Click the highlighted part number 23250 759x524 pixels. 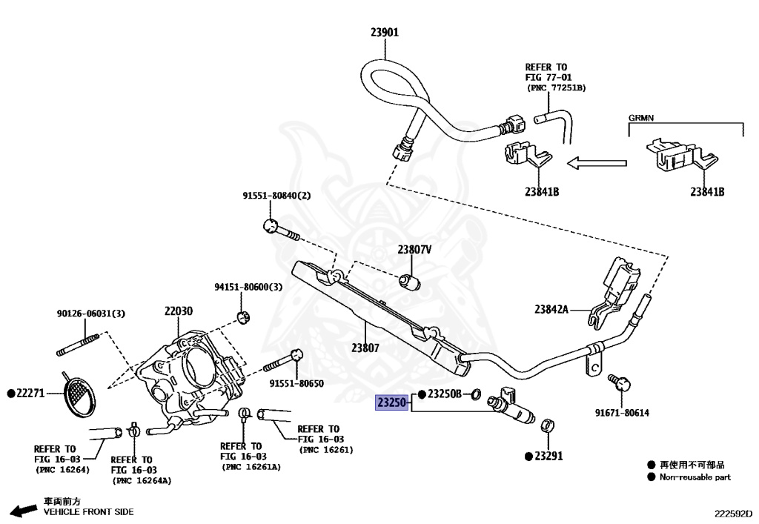click(x=391, y=402)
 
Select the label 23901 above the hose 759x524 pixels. click(x=385, y=33)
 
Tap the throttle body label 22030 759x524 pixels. click(x=178, y=311)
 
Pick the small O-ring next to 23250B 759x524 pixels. click(x=476, y=394)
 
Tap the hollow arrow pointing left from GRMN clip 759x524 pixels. click(x=597, y=163)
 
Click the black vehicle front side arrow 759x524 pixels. click(x=24, y=510)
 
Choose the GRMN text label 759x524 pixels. click(x=641, y=118)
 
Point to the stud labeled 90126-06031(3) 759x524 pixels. click(x=79, y=344)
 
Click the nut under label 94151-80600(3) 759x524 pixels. click(x=243, y=317)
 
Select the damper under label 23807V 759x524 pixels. click(x=409, y=282)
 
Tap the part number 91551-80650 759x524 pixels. click(x=296, y=383)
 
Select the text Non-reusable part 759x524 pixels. click(x=695, y=477)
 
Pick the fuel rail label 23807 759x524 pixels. click(x=365, y=348)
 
